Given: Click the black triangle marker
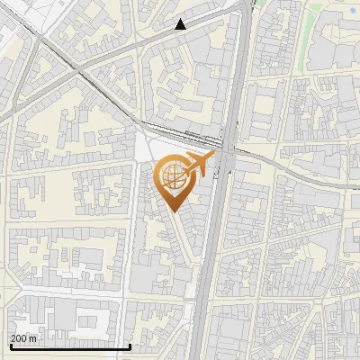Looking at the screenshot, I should [x=181, y=24].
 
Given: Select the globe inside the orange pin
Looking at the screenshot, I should [x=173, y=177].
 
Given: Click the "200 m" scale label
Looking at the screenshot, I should [x=24, y=338].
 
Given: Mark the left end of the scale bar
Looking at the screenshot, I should [x=10, y=346].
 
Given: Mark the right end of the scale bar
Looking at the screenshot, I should [x=131, y=346].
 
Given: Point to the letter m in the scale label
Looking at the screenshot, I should [x=34, y=338].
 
